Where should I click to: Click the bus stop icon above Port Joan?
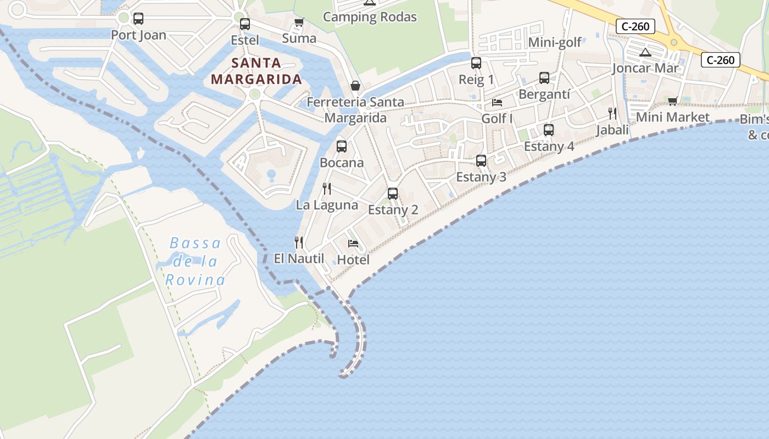[138, 19]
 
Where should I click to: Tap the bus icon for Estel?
[245, 24]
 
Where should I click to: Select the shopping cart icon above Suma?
[299, 22]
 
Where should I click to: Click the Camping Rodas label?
[370, 17]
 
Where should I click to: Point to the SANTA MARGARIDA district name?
[257, 71]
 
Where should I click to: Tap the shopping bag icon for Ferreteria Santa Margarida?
[355, 86]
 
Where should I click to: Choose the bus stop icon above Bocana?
[342, 147]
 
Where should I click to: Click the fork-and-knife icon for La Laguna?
[327, 189]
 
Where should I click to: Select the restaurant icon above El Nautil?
[299, 242]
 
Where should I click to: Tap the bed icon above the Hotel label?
[353, 243]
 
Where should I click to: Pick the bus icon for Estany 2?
[393, 194]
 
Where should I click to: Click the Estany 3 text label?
[481, 177]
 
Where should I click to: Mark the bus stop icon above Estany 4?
[549, 130]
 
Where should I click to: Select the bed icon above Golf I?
[497, 102]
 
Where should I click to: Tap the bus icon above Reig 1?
[476, 63]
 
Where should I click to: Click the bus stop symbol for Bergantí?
[544, 78]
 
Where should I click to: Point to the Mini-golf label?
[555, 42]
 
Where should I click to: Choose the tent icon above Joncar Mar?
[645, 53]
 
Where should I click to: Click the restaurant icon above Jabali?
[612, 114]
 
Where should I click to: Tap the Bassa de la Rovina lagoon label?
[195, 261]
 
